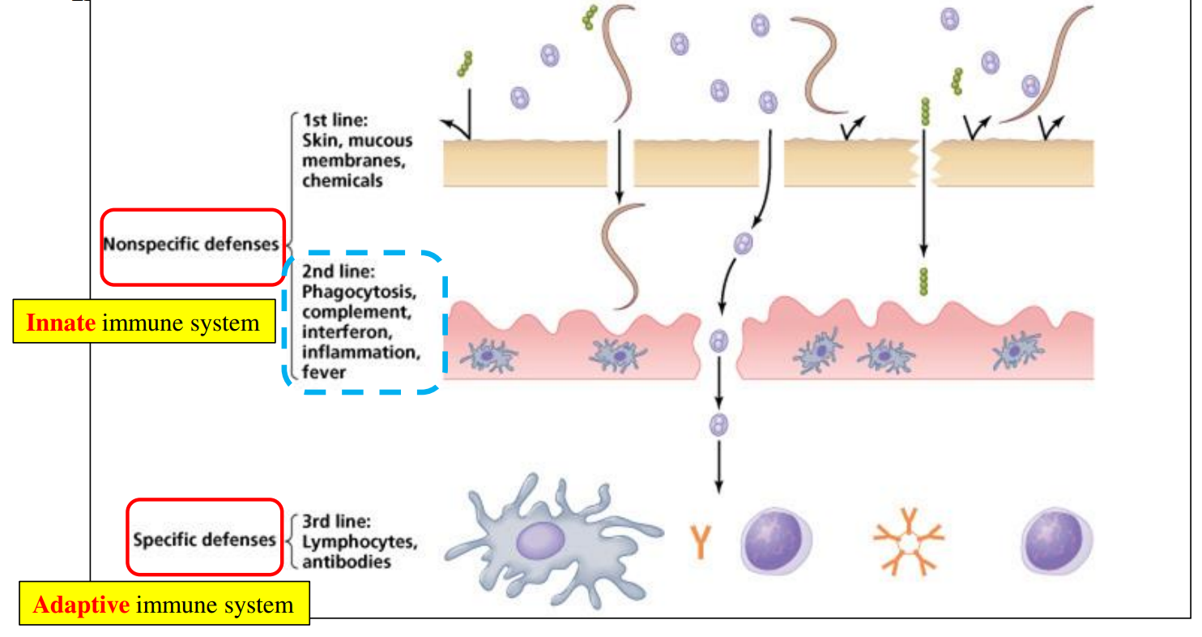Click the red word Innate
click(x=61, y=323)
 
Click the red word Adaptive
click(x=80, y=605)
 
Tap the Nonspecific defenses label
click(x=192, y=244)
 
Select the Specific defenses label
click(x=205, y=539)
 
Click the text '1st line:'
click(x=335, y=121)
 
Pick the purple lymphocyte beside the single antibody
click(x=776, y=541)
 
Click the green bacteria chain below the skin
click(x=923, y=280)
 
